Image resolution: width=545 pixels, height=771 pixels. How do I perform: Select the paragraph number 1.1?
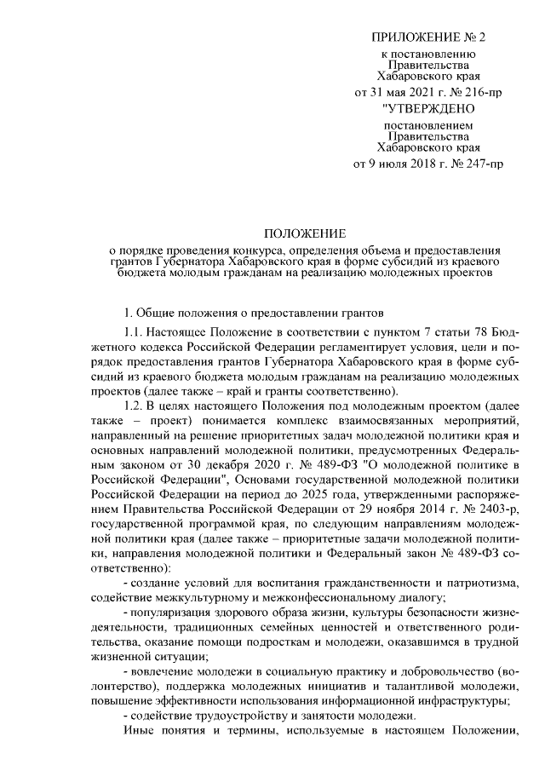tap(135, 331)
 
